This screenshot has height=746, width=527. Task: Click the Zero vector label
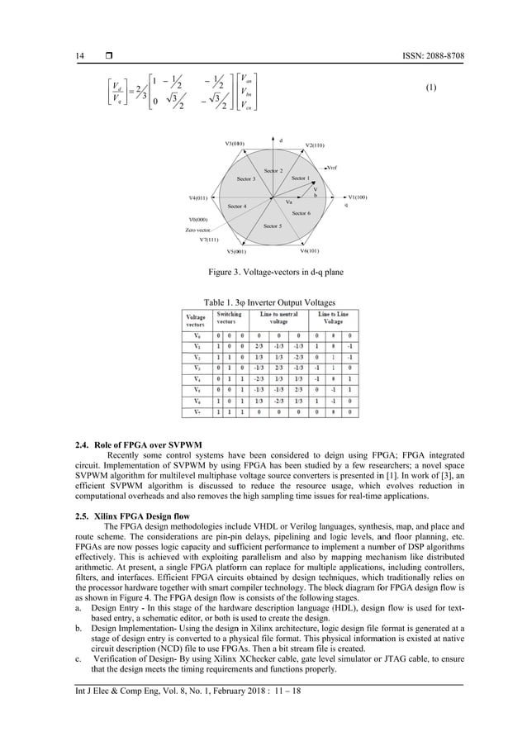199,230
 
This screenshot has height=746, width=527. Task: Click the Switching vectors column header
228,316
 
